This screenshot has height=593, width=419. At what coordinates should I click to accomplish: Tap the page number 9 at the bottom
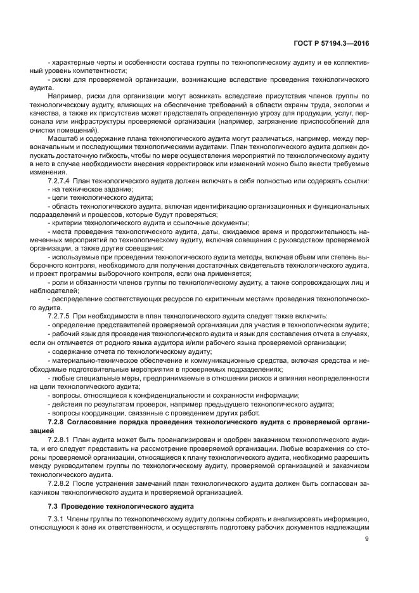point(368,540)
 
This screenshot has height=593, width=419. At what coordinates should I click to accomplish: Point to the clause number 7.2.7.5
point(61,315)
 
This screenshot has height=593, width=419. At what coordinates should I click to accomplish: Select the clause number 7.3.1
point(57,518)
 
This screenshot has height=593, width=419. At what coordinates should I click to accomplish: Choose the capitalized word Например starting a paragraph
point(65,96)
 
